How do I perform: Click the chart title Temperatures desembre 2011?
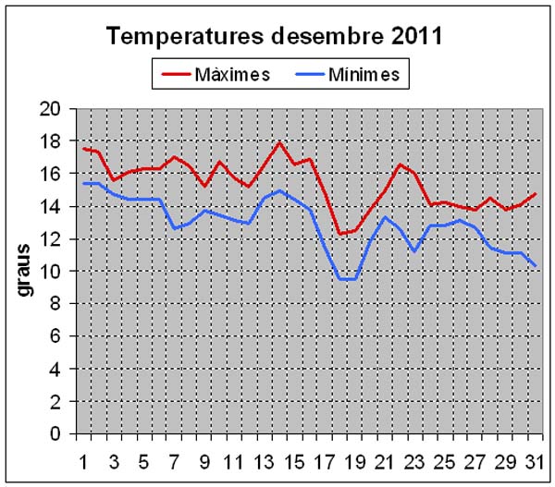coord(274,36)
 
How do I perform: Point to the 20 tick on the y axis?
coord(52,109)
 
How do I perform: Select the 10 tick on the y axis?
coord(52,272)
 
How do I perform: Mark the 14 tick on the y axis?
coord(52,207)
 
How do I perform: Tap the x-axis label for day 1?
coord(84,457)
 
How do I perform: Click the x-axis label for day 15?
coord(294,457)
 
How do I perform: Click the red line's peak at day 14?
coord(279,142)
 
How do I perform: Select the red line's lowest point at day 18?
coord(339,234)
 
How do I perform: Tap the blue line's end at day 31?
coord(535,266)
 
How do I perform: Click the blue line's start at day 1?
coord(84,183)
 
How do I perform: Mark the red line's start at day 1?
coord(84,149)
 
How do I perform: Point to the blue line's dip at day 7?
coord(173,228)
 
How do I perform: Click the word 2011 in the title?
coord(411,36)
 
